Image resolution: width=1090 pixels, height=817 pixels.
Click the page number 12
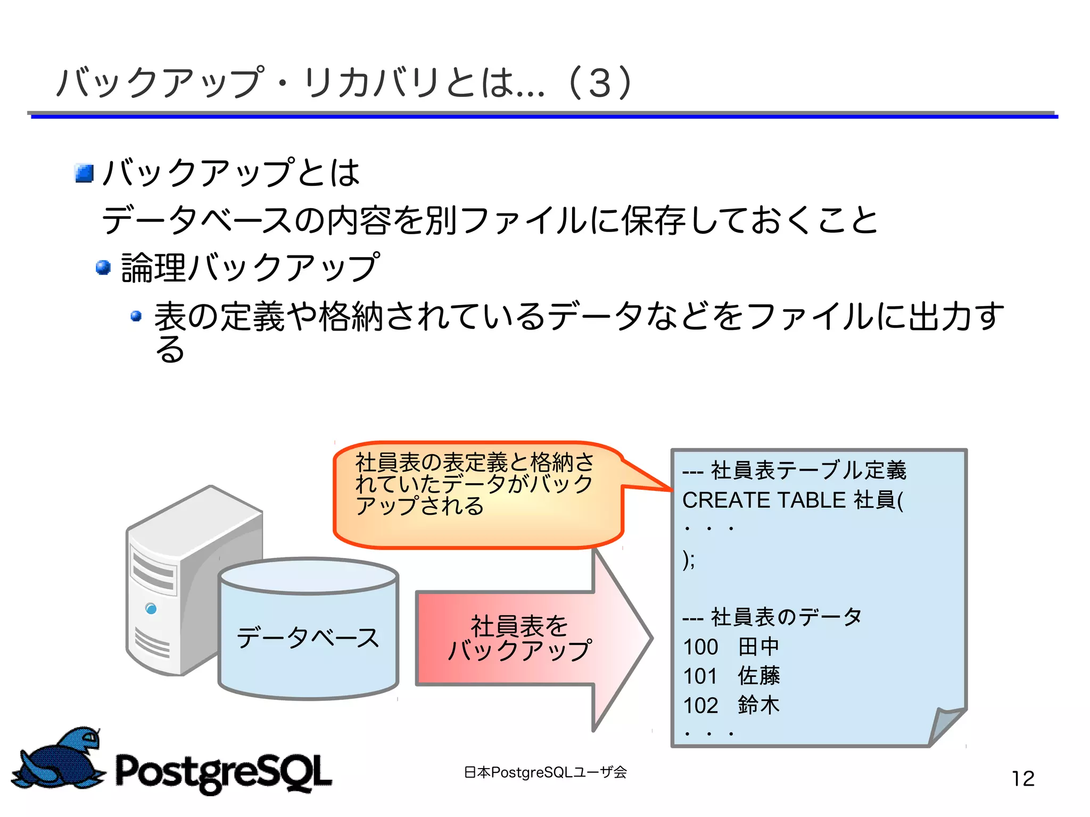pos(1022,779)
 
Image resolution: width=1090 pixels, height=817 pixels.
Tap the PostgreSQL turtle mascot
pos(59,760)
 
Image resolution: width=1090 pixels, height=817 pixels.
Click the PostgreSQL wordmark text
pos(224,772)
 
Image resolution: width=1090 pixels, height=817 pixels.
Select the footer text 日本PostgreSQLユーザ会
pos(545,772)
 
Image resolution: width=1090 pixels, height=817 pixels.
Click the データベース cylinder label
pos(308,637)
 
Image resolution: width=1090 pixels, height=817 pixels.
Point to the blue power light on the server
pos(151,608)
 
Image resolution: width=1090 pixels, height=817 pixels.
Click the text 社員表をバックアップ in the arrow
pos(519,638)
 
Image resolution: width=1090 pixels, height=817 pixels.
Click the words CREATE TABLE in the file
pos(764,500)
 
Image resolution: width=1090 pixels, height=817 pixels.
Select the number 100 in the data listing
pos(700,647)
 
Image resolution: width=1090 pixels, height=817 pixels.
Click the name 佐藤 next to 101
pos(758,676)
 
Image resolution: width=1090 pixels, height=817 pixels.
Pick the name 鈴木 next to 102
pos(758,705)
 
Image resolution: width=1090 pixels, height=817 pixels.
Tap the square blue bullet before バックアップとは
pos(84,173)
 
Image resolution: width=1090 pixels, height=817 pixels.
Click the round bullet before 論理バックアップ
pos(103,267)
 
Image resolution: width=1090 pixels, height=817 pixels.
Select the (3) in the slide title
pos(600,84)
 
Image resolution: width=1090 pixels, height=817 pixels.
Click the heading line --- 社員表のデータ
pos(772,617)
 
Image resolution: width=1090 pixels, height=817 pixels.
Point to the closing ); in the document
pos(689,559)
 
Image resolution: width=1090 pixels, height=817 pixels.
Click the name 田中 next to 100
pos(758,647)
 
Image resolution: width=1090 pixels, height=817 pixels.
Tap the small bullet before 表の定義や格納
pos(136,316)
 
